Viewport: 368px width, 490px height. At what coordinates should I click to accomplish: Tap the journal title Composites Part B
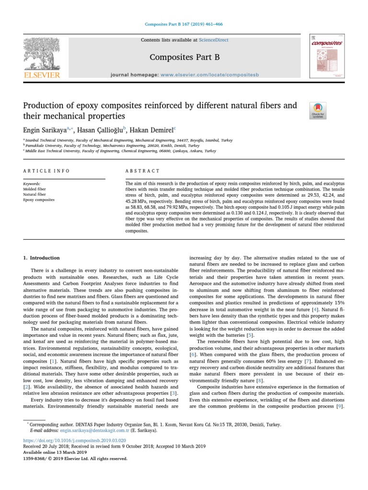(184, 57)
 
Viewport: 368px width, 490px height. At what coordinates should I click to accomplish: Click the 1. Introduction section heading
(42, 257)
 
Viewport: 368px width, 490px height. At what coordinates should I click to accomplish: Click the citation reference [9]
(339, 406)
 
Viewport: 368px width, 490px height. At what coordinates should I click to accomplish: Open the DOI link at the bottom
(74, 440)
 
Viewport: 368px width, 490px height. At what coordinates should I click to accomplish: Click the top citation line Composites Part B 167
(184, 24)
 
